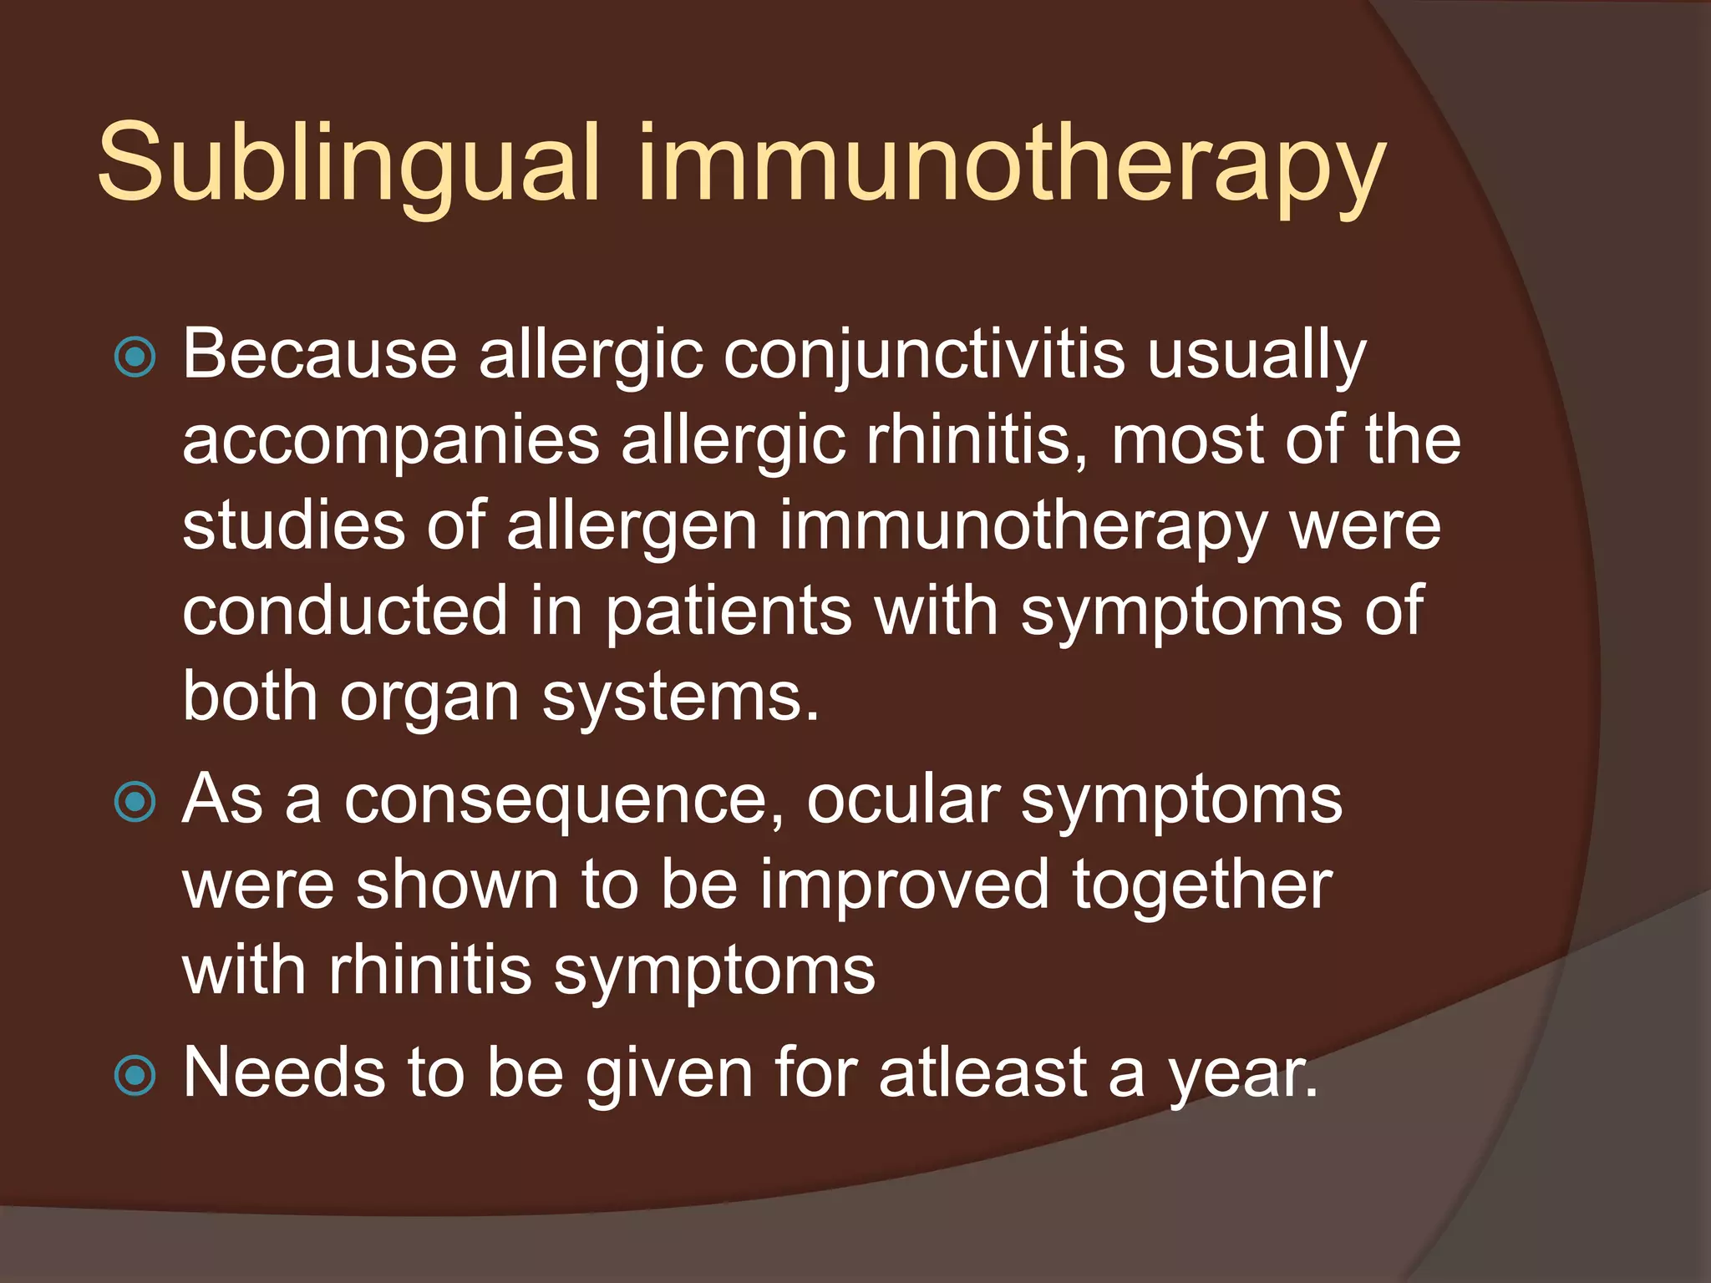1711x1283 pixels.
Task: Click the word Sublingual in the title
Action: click(x=348, y=164)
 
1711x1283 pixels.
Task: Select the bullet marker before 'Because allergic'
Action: click(x=135, y=358)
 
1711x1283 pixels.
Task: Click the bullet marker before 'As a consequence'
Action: click(x=135, y=803)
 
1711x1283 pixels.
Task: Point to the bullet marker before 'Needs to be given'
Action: click(x=135, y=1076)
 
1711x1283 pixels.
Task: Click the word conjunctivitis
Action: click(x=924, y=356)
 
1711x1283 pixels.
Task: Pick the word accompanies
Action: click(x=391, y=443)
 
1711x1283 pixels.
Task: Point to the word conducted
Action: click(x=345, y=611)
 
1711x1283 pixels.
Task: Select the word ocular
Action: click(x=903, y=800)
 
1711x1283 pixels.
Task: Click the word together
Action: click(x=1202, y=887)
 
